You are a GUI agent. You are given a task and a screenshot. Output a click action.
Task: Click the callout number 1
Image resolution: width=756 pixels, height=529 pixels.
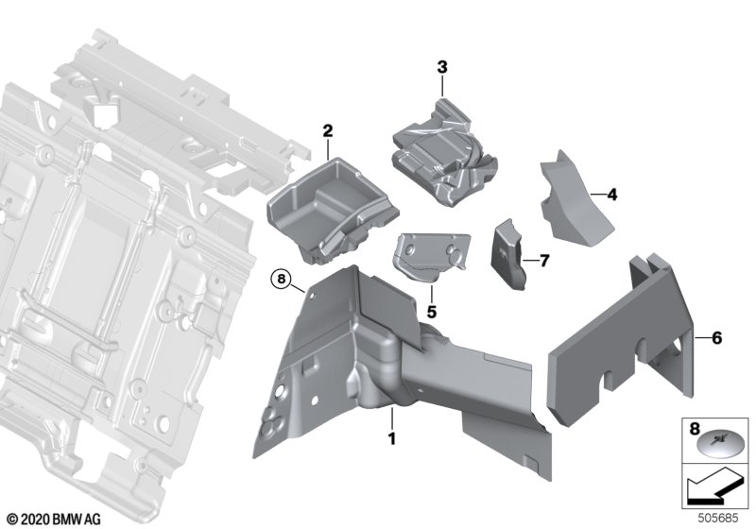(x=392, y=439)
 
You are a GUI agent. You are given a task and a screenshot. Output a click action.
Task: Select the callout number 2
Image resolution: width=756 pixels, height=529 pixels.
(x=327, y=130)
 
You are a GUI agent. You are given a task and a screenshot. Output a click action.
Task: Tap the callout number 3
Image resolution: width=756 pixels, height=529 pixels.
(x=442, y=67)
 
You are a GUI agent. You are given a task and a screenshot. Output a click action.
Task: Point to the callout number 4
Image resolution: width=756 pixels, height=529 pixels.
(x=611, y=195)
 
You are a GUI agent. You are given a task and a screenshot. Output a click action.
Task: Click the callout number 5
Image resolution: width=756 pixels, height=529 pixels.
(x=432, y=312)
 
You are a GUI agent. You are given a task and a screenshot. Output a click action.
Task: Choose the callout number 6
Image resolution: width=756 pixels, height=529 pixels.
(x=717, y=338)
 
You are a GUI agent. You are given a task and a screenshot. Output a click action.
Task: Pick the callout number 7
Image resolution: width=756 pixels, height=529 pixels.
(x=544, y=261)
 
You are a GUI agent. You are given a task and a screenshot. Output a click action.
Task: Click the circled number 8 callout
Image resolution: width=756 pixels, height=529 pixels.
(x=282, y=279)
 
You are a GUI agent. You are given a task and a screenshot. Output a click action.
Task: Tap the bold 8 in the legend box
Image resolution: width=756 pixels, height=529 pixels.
(x=695, y=428)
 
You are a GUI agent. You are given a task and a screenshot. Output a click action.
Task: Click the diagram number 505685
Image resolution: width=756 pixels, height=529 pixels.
(x=718, y=519)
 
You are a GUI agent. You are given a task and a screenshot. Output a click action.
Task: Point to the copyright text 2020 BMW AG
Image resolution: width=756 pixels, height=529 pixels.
(x=55, y=520)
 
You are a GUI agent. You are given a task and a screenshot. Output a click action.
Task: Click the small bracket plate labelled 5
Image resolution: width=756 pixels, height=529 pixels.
(x=432, y=256)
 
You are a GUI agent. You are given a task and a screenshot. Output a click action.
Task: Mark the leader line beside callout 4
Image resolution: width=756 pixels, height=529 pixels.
(x=598, y=195)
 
